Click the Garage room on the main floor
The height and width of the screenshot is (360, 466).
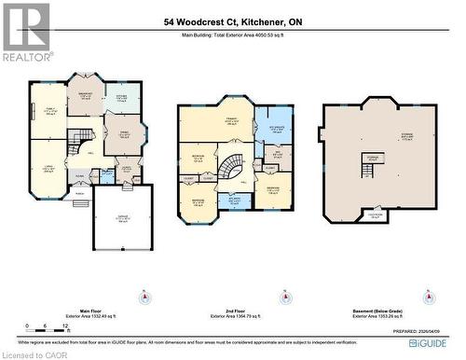click(x=121, y=221)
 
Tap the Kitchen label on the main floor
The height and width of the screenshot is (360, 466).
click(x=122, y=96)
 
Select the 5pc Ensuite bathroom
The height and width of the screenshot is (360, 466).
click(x=276, y=130)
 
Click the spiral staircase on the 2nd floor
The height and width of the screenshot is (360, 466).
click(x=230, y=169)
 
